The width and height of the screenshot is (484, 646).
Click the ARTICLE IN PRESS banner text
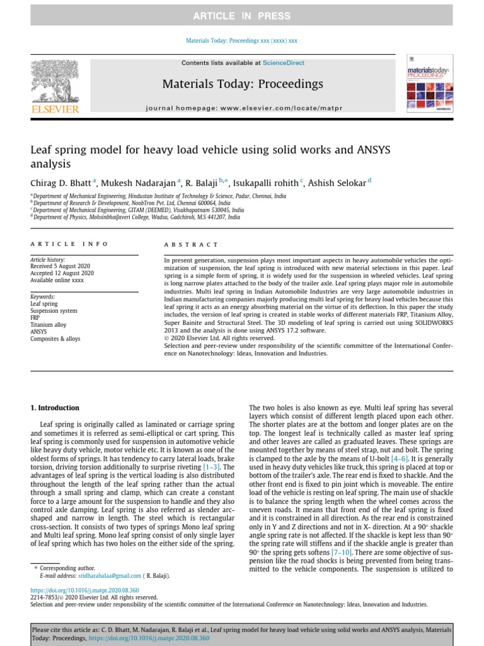coord(242,16)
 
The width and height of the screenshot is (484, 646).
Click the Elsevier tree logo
coord(55,86)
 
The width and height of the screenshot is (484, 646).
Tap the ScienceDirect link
coord(284,63)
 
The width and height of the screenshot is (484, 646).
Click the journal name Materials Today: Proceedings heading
coord(243,84)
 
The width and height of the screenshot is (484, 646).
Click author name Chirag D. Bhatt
coord(61,184)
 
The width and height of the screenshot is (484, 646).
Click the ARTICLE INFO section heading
coord(69,244)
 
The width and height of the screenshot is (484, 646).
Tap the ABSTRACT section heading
coord(191,244)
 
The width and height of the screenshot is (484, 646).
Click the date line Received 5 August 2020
coord(60,266)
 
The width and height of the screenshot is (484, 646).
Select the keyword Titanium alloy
coord(49,325)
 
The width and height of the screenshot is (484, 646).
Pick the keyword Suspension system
coord(54,311)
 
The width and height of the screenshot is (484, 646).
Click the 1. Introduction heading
coord(55,408)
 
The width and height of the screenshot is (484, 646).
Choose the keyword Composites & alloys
coord(55,339)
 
